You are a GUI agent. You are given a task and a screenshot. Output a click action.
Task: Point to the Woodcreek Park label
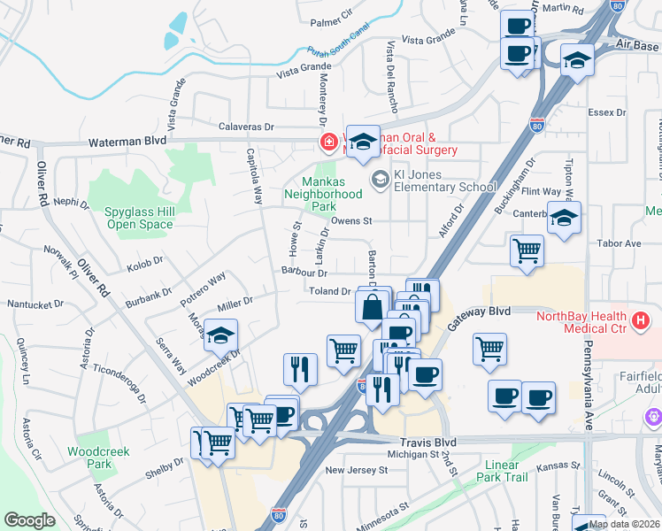coord(98,458)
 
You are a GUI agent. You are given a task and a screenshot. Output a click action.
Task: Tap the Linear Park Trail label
coord(506,471)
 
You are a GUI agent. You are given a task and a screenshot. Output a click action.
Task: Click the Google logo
coord(29,520)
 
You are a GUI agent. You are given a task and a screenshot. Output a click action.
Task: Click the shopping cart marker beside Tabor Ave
coord(527,251)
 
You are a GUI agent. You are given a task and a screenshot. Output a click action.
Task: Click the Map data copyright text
coord(624,524)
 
